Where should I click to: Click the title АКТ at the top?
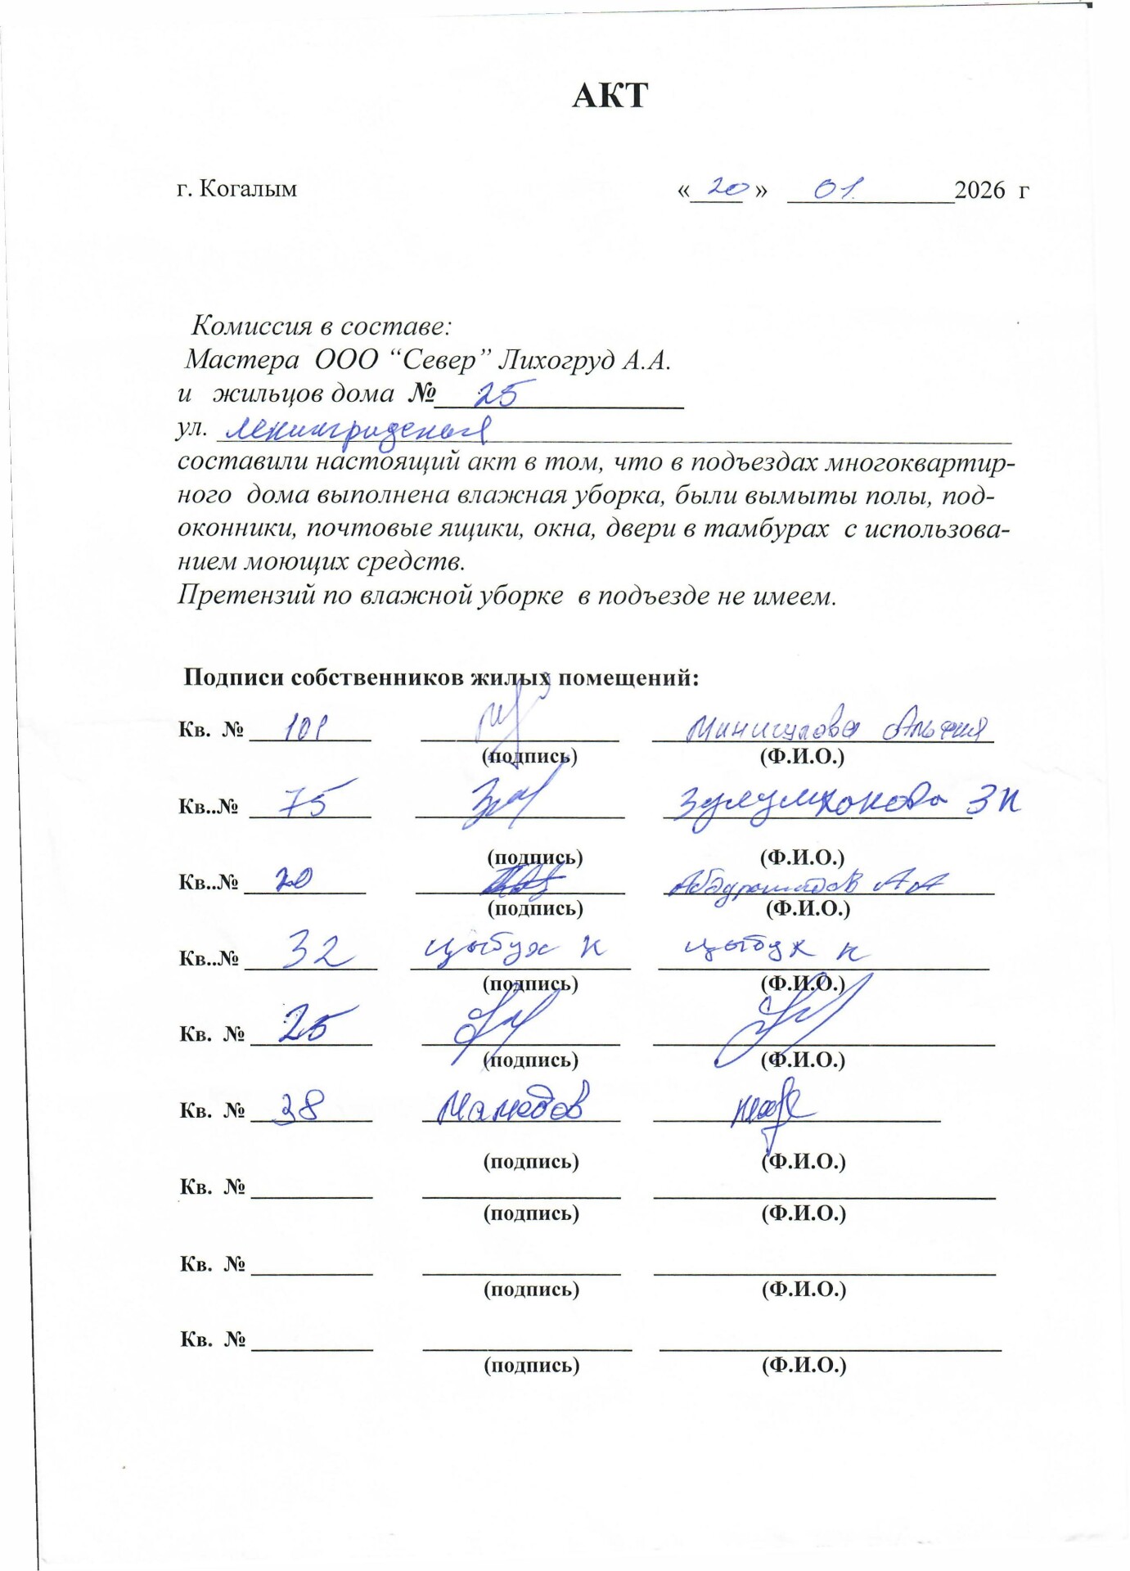[610, 96]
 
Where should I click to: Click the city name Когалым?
[248, 189]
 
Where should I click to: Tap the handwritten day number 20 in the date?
[724, 188]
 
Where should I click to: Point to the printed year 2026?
[979, 190]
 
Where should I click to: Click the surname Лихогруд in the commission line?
[555, 360]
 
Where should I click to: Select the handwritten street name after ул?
[357, 429]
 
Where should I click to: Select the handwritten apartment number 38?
[299, 1109]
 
